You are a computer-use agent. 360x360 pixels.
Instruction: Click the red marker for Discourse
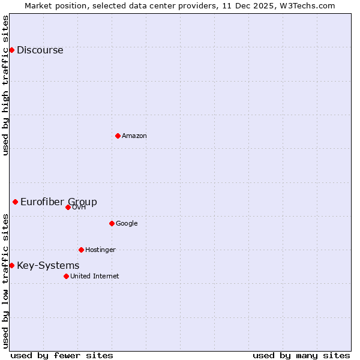[x=11, y=50]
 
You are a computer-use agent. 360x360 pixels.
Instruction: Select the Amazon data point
[x=118, y=136]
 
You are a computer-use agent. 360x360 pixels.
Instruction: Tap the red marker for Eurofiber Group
[x=15, y=202]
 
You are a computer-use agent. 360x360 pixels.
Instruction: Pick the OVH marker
[x=68, y=207]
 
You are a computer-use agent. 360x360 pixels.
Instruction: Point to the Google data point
[x=112, y=223]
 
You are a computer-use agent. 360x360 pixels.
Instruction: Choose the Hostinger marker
[x=81, y=250]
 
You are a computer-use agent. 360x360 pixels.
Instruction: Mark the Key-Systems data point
[x=11, y=265]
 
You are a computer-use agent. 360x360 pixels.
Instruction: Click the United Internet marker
[x=66, y=276]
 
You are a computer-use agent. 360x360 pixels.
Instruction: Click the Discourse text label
[x=40, y=50]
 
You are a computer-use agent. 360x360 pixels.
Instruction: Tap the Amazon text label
[x=134, y=136]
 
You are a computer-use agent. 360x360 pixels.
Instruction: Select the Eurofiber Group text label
[x=59, y=202]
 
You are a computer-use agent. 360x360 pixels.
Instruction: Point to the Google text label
[x=127, y=224]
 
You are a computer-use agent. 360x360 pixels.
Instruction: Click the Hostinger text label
[x=100, y=250]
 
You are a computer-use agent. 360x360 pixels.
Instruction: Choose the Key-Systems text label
[x=48, y=266]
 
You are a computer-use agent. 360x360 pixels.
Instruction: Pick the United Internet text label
[x=94, y=277]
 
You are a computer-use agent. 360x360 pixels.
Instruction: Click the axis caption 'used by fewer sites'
[x=62, y=355]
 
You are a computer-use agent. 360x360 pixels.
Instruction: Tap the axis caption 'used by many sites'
[x=301, y=355]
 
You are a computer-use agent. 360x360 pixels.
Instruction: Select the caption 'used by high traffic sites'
[x=6, y=85]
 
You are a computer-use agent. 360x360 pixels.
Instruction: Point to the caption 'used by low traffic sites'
[x=6, y=281]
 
